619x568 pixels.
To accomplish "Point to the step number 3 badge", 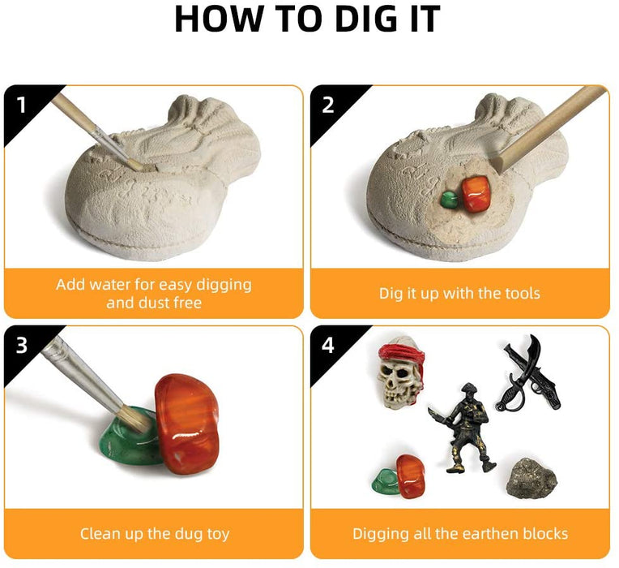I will (22, 345).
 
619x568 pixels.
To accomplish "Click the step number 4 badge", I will (328, 345).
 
